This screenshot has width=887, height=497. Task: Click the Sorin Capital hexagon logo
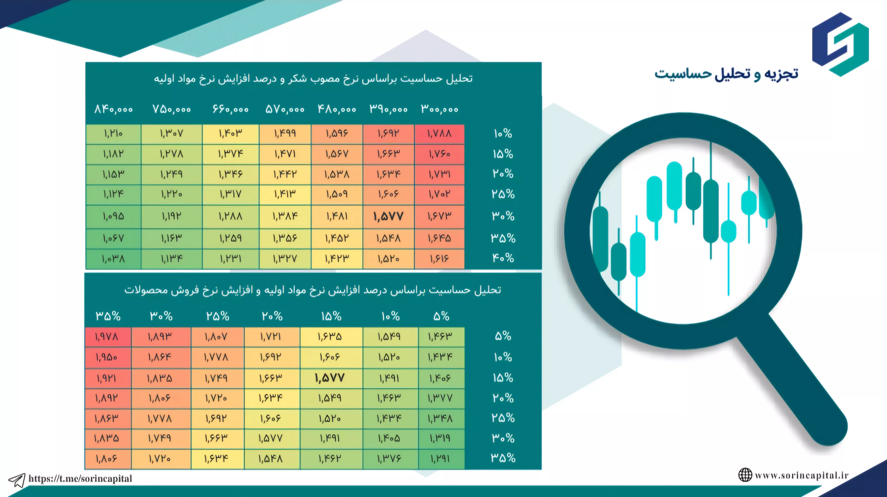[840, 44]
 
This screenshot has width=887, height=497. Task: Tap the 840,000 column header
[114, 109]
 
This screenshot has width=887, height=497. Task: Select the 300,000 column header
[440, 109]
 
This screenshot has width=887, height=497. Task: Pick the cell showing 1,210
[113, 134]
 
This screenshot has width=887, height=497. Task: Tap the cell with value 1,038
[113, 259]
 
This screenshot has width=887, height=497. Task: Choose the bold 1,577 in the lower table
[330, 378]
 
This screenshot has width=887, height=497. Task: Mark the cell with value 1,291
[441, 459]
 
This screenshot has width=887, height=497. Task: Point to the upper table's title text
[313, 79]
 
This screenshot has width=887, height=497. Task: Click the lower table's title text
[313, 290]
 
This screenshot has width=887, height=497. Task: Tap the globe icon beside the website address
[745, 475]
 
